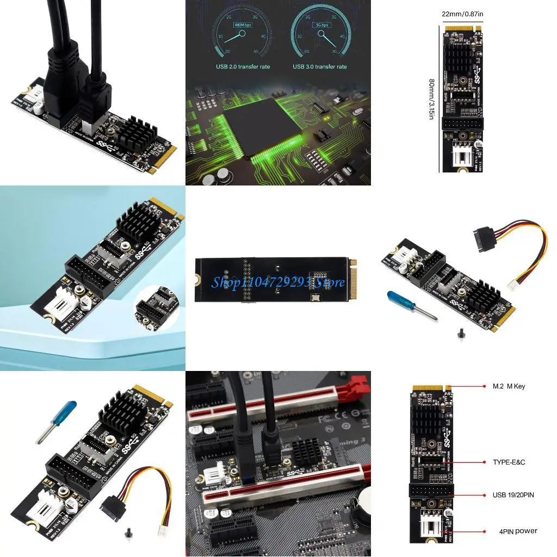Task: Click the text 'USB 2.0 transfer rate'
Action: click(x=243, y=67)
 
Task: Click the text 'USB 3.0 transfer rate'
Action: click(x=320, y=67)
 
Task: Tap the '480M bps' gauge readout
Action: click(x=243, y=25)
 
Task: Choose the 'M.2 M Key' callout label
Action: click(x=509, y=386)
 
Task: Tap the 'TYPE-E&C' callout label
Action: click(x=509, y=462)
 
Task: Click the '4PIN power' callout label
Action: click(x=518, y=531)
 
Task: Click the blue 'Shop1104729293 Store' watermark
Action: click(x=278, y=282)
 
